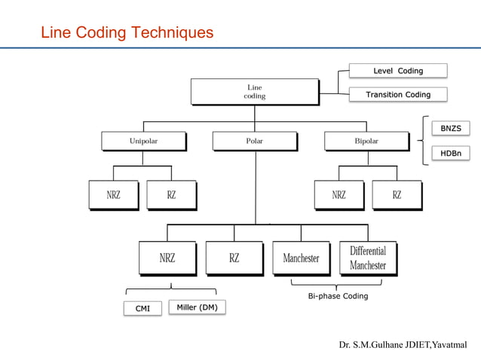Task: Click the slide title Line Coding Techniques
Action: coord(127,33)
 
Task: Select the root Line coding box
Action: coord(254,92)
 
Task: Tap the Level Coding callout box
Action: coord(398,71)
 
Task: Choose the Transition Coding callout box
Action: coord(398,95)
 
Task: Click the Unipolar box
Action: coord(143,141)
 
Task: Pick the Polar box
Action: coord(255,141)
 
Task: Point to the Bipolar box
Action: coord(366,141)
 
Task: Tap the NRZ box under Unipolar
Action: coord(112,194)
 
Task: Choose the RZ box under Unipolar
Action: coord(171,194)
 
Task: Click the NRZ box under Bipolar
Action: coord(339,194)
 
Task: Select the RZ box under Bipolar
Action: coord(397,194)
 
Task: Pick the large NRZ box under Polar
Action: coord(167,258)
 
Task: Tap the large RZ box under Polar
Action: coord(234,258)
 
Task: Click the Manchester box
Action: coord(301,258)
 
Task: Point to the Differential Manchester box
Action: coord(367,258)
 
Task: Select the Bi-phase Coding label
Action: coord(338,296)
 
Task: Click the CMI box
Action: coord(142,308)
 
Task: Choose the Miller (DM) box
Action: coord(197,307)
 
